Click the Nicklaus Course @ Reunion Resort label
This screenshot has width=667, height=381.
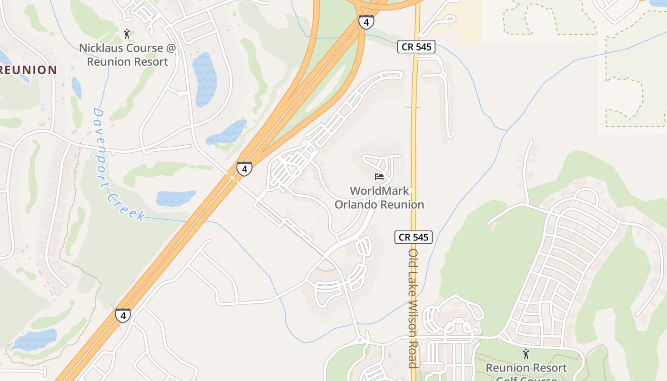coord(127,55)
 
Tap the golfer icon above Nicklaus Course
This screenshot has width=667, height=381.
coord(126,34)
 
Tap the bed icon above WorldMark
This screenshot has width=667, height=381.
coord(379,177)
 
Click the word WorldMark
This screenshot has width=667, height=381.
coord(379,191)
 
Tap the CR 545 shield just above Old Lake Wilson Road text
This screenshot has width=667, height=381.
coord(414,237)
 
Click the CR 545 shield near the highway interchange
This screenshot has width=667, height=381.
coord(416,47)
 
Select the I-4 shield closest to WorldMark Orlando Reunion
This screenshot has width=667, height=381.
coord(244,169)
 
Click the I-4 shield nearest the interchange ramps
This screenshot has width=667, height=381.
coord(366,21)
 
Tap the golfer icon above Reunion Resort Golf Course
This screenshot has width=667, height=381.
coord(526,354)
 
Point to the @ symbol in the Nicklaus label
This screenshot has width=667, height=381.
coord(170,48)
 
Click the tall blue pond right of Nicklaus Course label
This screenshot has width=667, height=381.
coord(205,79)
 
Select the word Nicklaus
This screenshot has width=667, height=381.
coord(101,48)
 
